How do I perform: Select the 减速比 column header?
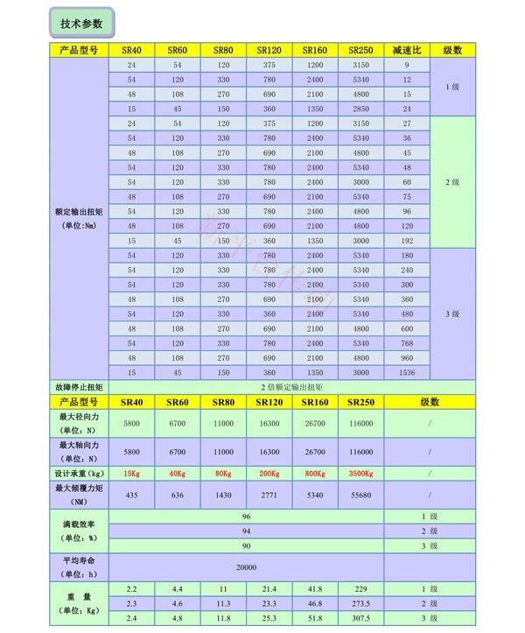point(406,51)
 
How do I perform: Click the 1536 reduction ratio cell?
point(406,372)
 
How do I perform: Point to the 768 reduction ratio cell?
point(406,342)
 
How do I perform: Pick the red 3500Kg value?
point(360,474)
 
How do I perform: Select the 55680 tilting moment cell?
point(360,495)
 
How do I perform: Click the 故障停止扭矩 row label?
point(79,386)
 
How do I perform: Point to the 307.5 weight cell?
point(360,618)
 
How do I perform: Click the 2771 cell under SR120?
point(269,495)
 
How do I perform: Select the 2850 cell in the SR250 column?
point(360,109)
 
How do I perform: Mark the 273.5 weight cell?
point(360,603)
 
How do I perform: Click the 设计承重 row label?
point(79,474)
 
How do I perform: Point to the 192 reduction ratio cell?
point(406,240)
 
